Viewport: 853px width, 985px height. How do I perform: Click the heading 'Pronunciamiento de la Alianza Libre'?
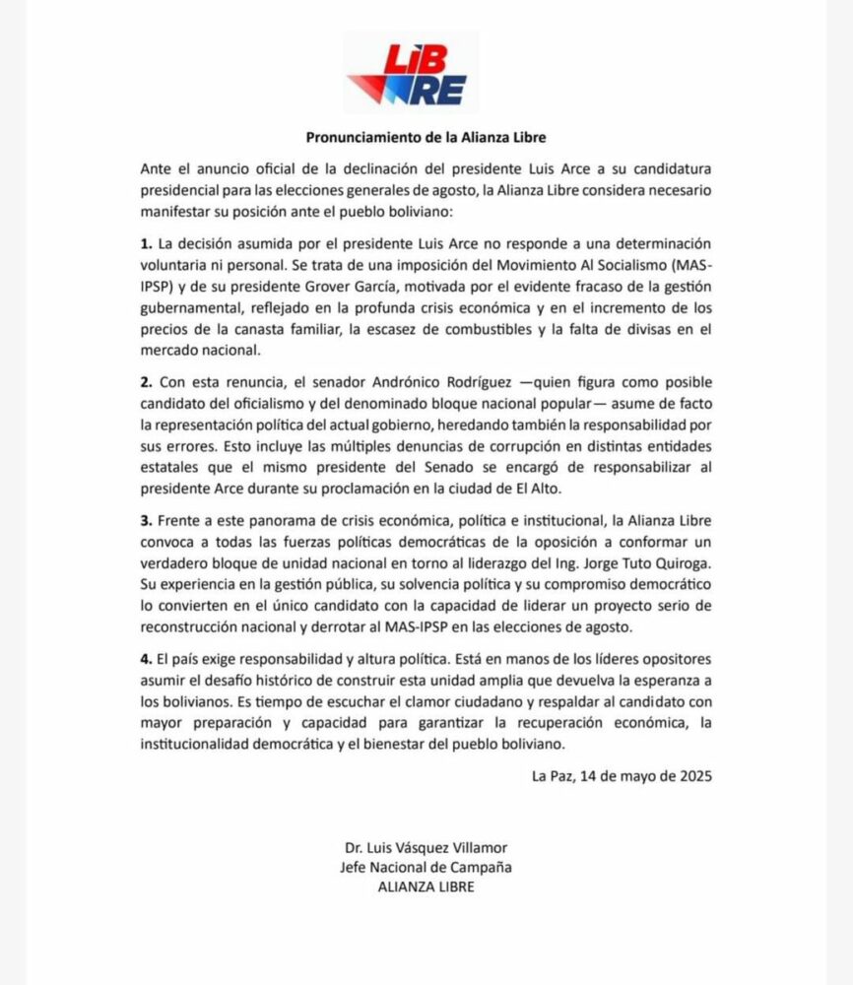426,138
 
